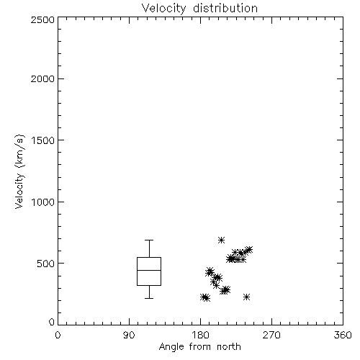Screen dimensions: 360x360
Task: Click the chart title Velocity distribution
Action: point(199,9)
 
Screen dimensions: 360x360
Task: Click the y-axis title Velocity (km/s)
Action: point(19,171)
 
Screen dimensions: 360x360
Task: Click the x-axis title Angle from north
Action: point(199,347)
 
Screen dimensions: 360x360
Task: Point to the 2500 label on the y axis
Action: point(43,19)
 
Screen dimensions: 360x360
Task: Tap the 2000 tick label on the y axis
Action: point(43,78)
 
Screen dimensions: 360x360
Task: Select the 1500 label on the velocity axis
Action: point(43,140)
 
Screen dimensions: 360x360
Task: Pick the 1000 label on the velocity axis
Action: point(43,202)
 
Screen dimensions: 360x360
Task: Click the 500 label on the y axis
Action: point(46,264)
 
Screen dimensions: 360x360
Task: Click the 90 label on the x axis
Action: point(129,335)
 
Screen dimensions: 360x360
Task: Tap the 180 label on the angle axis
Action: point(200,335)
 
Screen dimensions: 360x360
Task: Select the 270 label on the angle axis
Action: point(271,335)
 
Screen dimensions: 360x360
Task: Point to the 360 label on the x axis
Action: point(343,335)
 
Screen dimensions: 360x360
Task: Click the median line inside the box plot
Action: point(149,270)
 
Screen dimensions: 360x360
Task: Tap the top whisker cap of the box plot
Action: point(149,240)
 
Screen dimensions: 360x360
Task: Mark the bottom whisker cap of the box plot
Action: point(149,298)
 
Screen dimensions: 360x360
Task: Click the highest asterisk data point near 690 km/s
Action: point(221,240)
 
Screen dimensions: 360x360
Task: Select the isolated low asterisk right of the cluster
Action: point(246,297)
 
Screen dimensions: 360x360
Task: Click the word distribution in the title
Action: point(225,9)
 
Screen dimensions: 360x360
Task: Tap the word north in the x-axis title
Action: point(229,347)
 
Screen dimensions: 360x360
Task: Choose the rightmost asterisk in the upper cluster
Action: point(249,250)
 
